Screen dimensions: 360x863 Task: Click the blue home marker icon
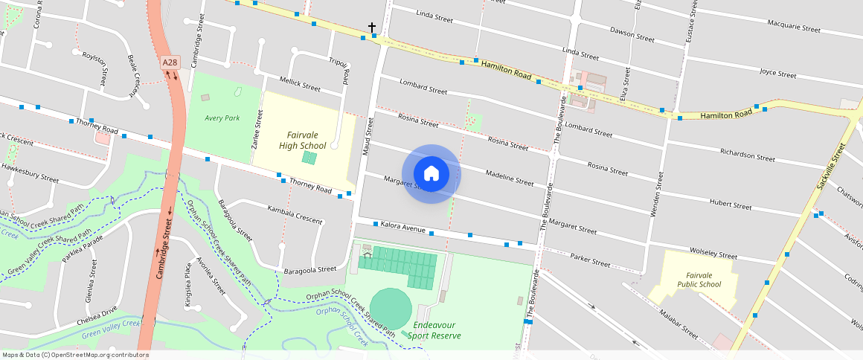tap(431, 174)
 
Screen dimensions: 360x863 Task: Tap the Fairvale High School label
tap(302, 140)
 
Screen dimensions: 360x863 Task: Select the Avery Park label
tap(222, 118)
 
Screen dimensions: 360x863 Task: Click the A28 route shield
tap(170, 65)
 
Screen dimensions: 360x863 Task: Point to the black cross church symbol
tap(372, 28)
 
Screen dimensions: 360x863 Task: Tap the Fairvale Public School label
tap(699, 280)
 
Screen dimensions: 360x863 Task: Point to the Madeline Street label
tap(509, 177)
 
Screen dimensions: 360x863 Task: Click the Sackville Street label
tap(831, 166)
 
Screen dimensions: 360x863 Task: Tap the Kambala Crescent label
tap(295, 215)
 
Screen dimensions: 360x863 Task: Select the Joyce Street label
tap(777, 74)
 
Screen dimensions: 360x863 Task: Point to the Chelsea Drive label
tap(97, 315)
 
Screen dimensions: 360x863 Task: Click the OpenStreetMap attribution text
tap(76, 355)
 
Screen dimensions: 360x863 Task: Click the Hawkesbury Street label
tap(30, 173)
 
